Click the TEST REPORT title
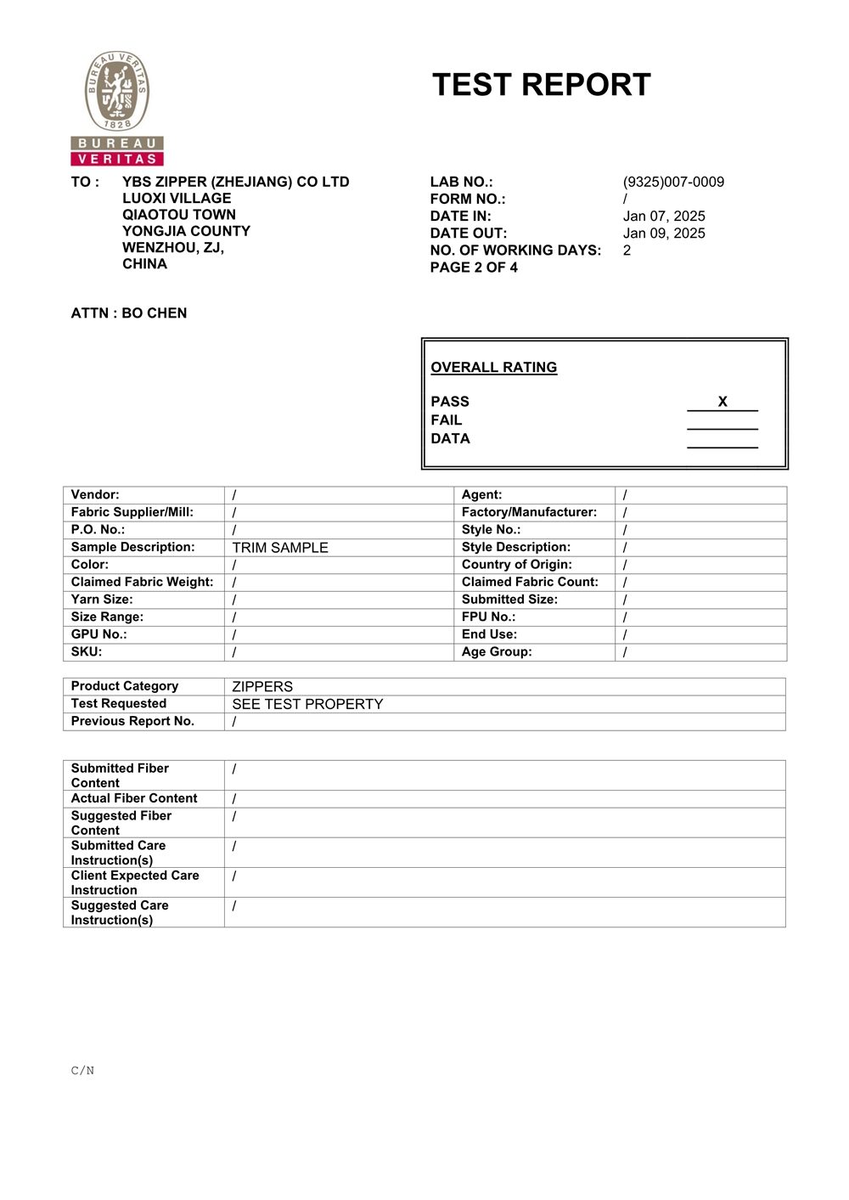[541, 85]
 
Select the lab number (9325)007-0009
[673, 182]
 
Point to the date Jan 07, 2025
[664, 216]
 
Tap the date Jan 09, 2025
[664, 233]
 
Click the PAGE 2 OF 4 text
[474, 267]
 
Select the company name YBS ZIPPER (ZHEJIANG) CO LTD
[235, 182]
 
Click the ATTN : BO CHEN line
[129, 313]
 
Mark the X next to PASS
[722, 402]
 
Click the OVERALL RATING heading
[494, 367]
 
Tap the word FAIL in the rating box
[447, 420]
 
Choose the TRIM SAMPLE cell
[280, 548]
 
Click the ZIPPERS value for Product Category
[262, 686]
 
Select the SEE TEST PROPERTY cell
[307, 704]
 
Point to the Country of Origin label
[517, 564]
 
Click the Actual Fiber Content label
[134, 798]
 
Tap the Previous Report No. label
[132, 721]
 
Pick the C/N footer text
[82, 1070]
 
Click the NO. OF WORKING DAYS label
[515, 250]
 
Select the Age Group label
[497, 651]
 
